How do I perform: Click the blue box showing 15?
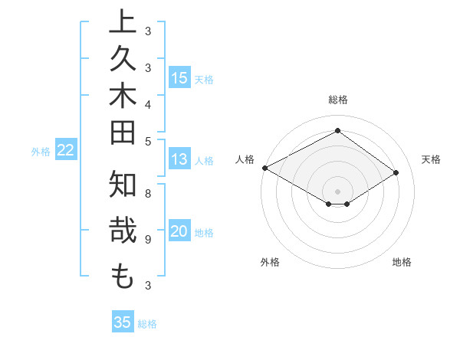click(x=179, y=77)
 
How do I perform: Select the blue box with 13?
click(x=179, y=159)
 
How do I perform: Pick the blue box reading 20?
click(x=179, y=232)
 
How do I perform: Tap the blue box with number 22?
click(x=65, y=151)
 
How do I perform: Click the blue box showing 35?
click(x=122, y=322)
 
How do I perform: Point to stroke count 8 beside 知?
click(x=148, y=194)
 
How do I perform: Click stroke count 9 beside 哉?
click(x=148, y=239)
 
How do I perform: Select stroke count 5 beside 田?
click(x=148, y=141)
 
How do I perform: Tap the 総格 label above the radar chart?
click(x=337, y=100)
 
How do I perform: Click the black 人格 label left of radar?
click(x=245, y=159)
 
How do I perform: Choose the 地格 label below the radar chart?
click(x=402, y=262)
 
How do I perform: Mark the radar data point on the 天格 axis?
click(x=396, y=173)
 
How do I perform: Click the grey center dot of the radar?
click(x=337, y=191)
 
